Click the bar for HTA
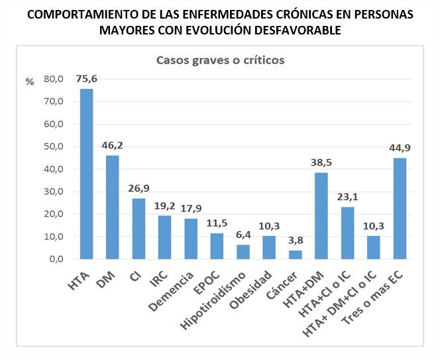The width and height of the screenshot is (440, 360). [87, 174]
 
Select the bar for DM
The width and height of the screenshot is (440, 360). [113, 207]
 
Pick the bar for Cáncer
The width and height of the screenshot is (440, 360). [295, 255]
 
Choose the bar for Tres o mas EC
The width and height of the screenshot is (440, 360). [400, 208]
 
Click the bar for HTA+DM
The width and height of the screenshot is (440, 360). [321, 215]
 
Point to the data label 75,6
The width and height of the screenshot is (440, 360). [87, 78]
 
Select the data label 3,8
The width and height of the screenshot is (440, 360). [295, 239]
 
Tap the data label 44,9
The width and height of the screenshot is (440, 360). [400, 147]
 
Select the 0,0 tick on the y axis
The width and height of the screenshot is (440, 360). [56, 259]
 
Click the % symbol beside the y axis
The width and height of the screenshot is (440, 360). [29, 82]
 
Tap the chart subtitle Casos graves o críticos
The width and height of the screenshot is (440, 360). [220, 60]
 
